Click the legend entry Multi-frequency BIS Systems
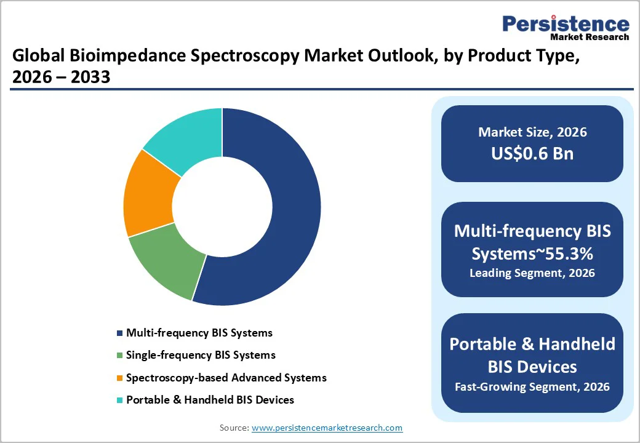pyautogui.click(x=199, y=333)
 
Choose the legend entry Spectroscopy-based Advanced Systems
pyautogui.click(x=226, y=377)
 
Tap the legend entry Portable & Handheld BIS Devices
pyautogui.click(x=210, y=400)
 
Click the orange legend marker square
pyautogui.click(x=119, y=378)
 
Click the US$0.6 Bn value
pyautogui.click(x=532, y=153)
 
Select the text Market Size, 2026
pyautogui.click(x=532, y=132)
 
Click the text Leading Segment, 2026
pyautogui.click(x=532, y=273)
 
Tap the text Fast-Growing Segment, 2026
pyautogui.click(x=532, y=386)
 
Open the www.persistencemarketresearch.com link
pyautogui.click(x=327, y=428)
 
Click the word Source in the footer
pyautogui.click(x=233, y=428)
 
